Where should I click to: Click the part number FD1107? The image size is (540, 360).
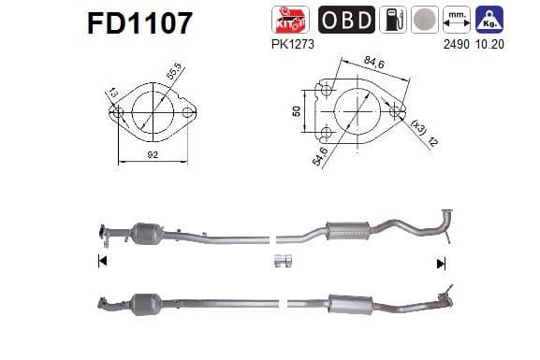(139, 22)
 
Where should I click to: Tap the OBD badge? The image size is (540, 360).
(347, 19)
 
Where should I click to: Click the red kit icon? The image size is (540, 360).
(285, 19)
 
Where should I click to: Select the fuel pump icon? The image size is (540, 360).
(396, 19)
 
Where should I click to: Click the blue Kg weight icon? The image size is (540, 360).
(488, 19)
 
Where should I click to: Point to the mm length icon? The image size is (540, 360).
(456, 19)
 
